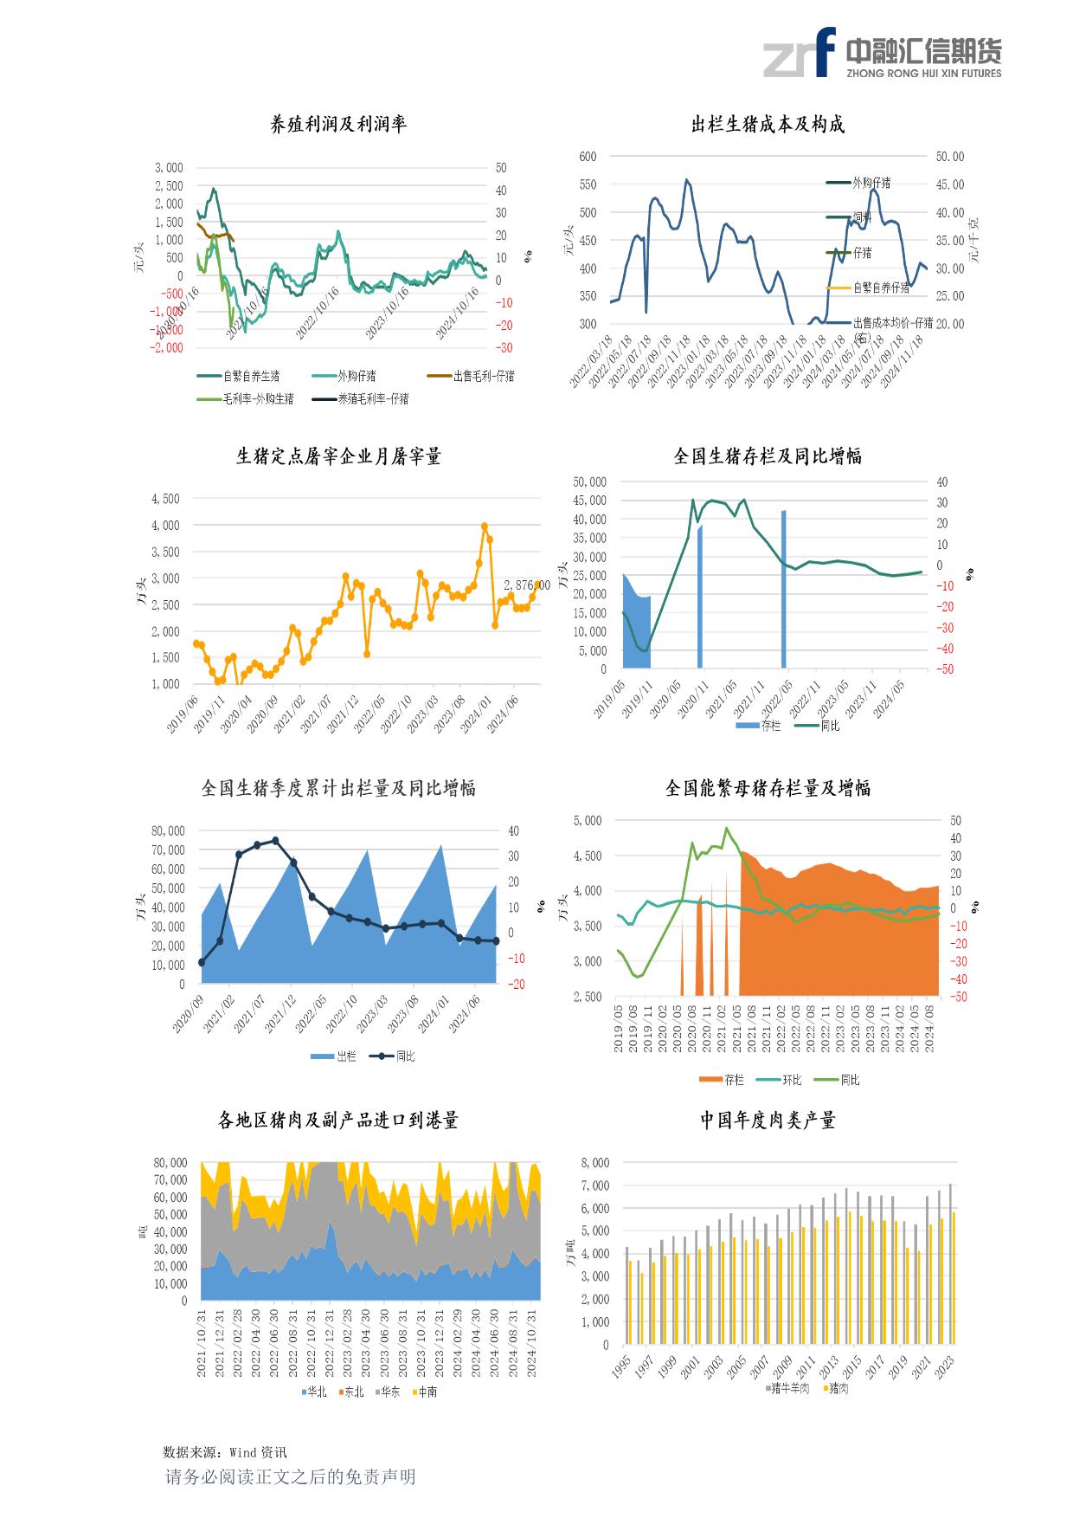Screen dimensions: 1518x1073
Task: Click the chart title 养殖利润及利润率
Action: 338,125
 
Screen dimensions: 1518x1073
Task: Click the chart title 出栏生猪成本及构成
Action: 767,125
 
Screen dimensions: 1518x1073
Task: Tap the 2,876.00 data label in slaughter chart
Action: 526,586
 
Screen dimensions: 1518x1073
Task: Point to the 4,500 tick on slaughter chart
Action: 164,499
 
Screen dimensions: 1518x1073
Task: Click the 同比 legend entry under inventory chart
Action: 829,726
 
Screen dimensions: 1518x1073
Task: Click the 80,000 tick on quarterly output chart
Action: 169,830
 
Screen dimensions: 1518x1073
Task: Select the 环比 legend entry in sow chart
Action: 791,1080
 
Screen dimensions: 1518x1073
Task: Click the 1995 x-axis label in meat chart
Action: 620,1369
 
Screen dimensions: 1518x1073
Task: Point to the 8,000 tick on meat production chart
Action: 594,1163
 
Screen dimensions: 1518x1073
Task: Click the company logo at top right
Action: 882,53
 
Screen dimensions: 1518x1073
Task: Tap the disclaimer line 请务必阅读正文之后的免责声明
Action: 291,1477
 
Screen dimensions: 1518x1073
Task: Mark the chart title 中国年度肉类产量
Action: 767,1121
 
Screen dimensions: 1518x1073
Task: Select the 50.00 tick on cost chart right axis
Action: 949,157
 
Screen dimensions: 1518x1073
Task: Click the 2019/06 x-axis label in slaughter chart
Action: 183,714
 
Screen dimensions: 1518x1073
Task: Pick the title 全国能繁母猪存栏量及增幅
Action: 767,788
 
